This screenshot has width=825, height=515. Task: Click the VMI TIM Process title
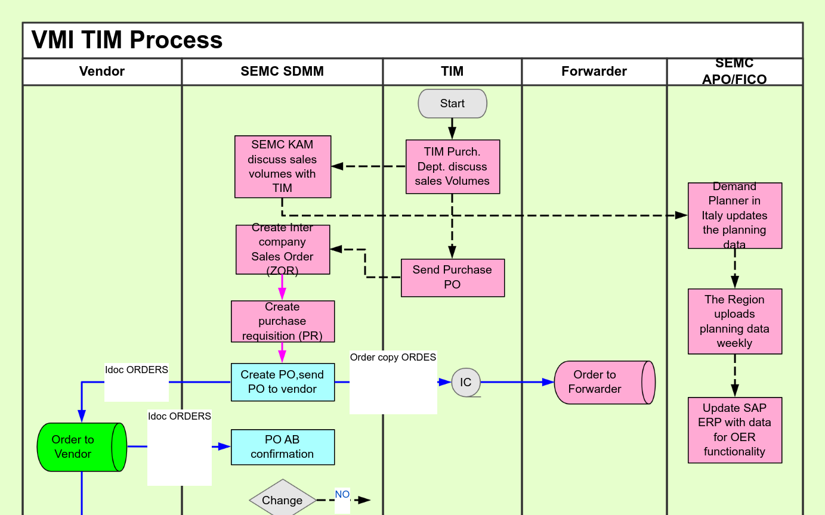pyautogui.click(x=127, y=40)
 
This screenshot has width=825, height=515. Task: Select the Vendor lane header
pyautogui.click(x=102, y=72)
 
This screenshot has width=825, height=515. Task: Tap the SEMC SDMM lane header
pyautogui.click(x=282, y=72)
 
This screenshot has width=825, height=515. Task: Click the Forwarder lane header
pyautogui.click(x=594, y=72)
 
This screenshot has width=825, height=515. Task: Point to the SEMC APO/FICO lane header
pyautogui.click(x=734, y=72)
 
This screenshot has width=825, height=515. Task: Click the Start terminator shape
pyautogui.click(x=452, y=104)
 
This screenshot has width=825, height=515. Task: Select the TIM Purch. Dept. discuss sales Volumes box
pyautogui.click(x=452, y=167)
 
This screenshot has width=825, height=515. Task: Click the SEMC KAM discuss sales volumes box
pyautogui.click(x=282, y=166)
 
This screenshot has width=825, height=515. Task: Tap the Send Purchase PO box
pyautogui.click(x=452, y=277)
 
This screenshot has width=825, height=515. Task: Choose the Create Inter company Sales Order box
pyautogui.click(x=282, y=249)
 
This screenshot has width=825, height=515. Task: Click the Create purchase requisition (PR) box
pyautogui.click(x=282, y=321)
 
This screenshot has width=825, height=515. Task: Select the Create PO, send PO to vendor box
pyautogui.click(x=282, y=382)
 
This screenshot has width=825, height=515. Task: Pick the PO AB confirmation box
pyautogui.click(x=282, y=447)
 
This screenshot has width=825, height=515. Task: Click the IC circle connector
pyautogui.click(x=466, y=382)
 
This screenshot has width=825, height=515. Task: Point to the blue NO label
pyautogui.click(x=342, y=495)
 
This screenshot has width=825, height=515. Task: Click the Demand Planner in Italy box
pyautogui.click(x=734, y=215)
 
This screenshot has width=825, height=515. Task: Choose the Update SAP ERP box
pyautogui.click(x=734, y=430)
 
